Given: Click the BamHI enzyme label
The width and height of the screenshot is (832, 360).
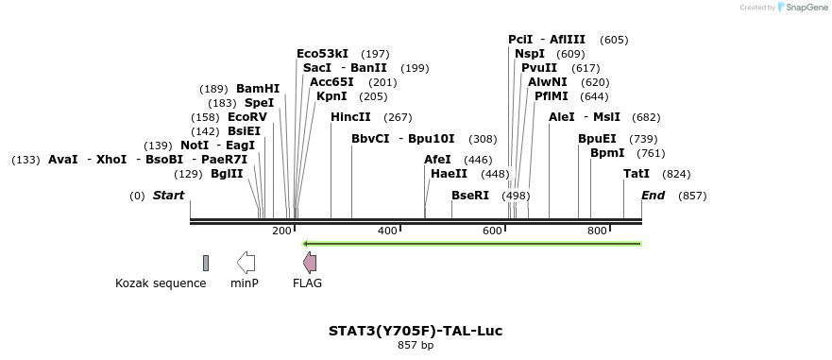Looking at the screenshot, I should (258, 89).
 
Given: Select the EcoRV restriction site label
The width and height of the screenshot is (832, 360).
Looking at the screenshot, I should (247, 117).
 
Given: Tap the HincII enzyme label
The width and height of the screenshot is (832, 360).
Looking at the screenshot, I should (350, 117).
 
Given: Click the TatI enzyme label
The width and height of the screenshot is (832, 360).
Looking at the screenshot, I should (637, 174).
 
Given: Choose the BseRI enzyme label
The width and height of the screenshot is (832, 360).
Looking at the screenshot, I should (470, 196).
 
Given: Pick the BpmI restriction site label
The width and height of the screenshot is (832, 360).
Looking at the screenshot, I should (607, 153).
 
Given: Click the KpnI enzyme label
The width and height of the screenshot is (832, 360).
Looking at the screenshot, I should (331, 96).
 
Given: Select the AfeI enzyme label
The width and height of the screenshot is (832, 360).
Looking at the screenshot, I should (437, 160).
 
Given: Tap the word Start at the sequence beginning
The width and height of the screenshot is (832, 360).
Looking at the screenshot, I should (168, 196).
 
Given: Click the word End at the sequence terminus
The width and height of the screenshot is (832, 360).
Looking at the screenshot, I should (653, 196).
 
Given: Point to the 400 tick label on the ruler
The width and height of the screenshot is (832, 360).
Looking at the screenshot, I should (387, 231).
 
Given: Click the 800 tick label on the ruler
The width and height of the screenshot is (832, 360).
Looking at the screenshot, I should (597, 231).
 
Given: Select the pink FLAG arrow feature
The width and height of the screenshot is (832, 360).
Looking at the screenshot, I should (309, 263).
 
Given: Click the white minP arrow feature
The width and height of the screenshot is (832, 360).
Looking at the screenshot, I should (246, 263).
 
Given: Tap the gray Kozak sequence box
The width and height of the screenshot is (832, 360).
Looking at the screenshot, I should (206, 263).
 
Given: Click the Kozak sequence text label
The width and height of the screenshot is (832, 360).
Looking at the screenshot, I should (161, 283).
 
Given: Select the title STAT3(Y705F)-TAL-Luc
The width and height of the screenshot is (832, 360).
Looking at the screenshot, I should (416, 331).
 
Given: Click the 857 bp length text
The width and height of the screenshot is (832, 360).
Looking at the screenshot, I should (416, 346).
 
